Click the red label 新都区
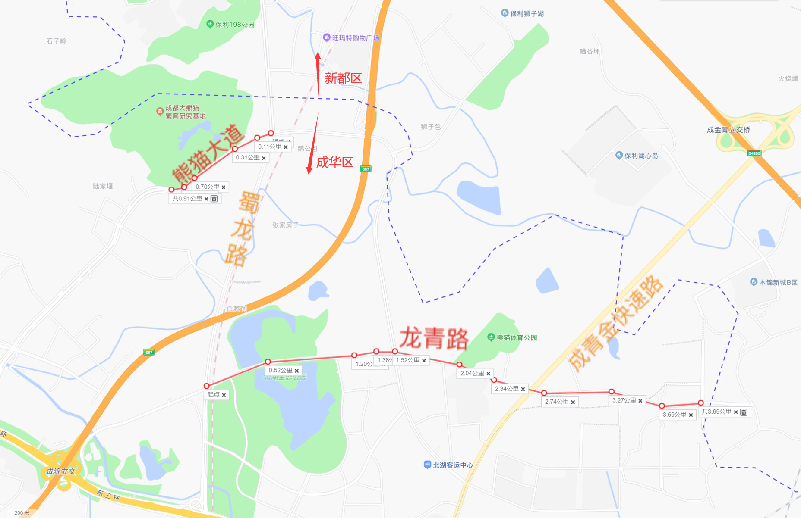tap(343, 78)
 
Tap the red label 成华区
tap(334, 162)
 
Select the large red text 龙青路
tap(434, 338)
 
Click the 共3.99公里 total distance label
tap(716, 412)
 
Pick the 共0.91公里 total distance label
tap(187, 199)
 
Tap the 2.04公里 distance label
tap(472, 373)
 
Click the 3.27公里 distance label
tap(624, 400)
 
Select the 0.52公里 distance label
tap(281, 370)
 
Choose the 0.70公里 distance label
tap(207, 187)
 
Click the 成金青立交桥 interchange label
tap(728, 130)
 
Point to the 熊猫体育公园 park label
tap(517, 337)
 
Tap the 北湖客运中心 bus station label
tap(453, 465)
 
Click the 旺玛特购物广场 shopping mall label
tap(355, 38)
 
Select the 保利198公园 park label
tap(235, 25)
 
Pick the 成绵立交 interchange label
tap(61, 471)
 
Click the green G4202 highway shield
tap(754, 153)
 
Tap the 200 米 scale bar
tap(22, 513)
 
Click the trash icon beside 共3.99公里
tap(744, 412)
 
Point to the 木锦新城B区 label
tap(778, 282)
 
